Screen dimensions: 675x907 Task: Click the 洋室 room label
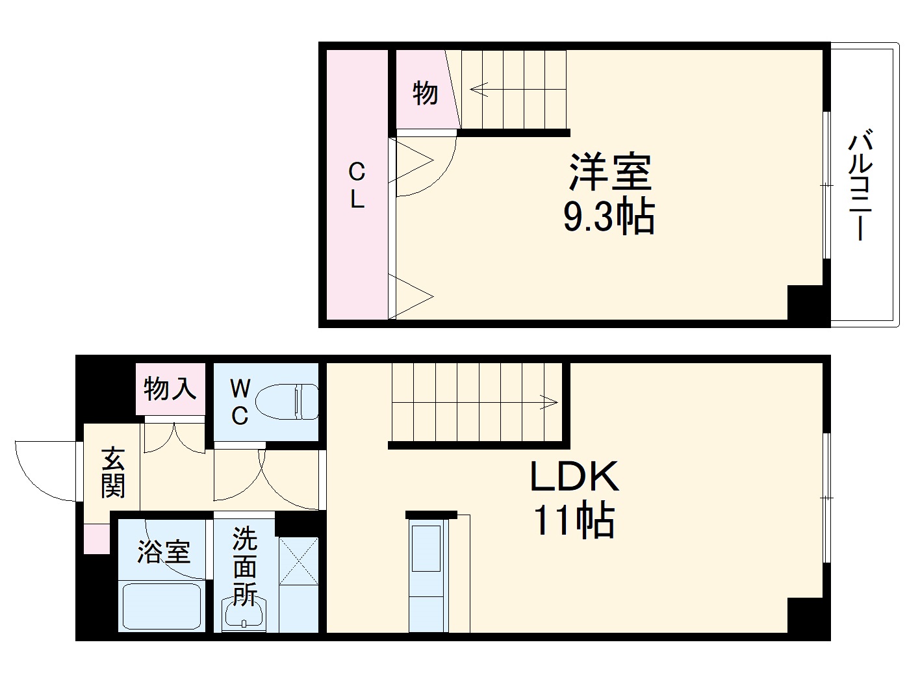pyautogui.click(x=609, y=172)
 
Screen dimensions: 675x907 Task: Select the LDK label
pyautogui.click(x=574, y=477)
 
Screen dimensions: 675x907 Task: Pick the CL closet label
pyautogui.click(x=357, y=186)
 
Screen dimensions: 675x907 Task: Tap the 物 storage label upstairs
pyautogui.click(x=425, y=93)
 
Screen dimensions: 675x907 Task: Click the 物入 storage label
pyautogui.click(x=170, y=388)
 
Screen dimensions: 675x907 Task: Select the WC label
pyautogui.click(x=240, y=403)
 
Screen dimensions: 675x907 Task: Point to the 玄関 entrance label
pyautogui.click(x=113, y=472)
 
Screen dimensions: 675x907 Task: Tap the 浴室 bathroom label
pyautogui.click(x=164, y=552)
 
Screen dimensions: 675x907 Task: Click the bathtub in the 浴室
pyautogui.click(x=162, y=606)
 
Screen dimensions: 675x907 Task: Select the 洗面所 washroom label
pyautogui.click(x=245, y=565)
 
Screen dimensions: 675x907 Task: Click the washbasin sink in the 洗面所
pyautogui.click(x=244, y=615)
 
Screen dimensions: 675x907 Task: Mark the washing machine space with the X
pyautogui.click(x=298, y=562)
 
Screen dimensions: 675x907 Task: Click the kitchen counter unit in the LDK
pyautogui.click(x=428, y=572)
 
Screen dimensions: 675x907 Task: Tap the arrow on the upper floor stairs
pyautogui.click(x=479, y=89)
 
